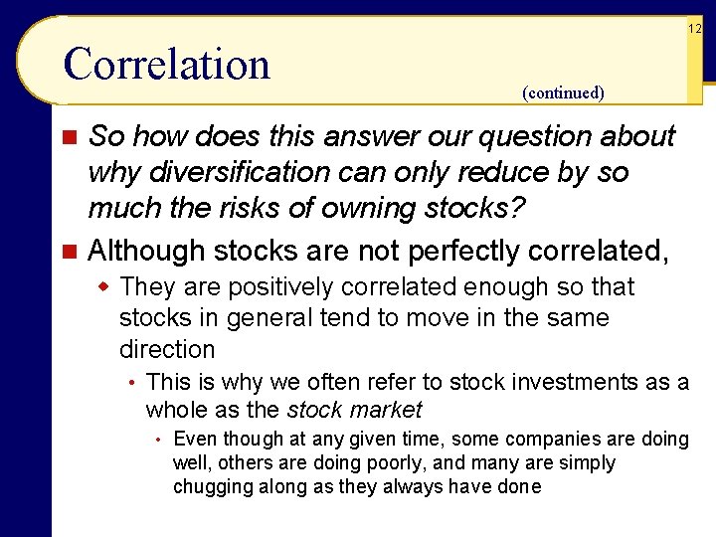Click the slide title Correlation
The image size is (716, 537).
166,65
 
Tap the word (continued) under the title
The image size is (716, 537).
563,93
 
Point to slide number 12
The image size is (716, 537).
695,29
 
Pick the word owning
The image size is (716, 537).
387,209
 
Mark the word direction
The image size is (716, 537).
167,350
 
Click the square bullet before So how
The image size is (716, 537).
69,137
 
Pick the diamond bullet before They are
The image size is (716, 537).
104,287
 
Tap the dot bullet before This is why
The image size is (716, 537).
131,383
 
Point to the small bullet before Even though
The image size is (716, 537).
158,440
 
